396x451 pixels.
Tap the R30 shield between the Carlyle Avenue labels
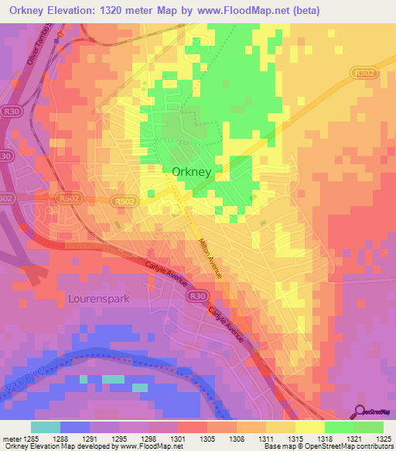pyautogui.click(x=199, y=295)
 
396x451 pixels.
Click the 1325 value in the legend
pyautogui.click(x=384, y=438)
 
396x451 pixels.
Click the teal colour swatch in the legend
pyautogui.click(x=46, y=427)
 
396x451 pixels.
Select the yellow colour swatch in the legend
pyautogui.click(x=309, y=427)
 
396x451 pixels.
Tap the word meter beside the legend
pyautogui.click(x=10, y=438)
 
